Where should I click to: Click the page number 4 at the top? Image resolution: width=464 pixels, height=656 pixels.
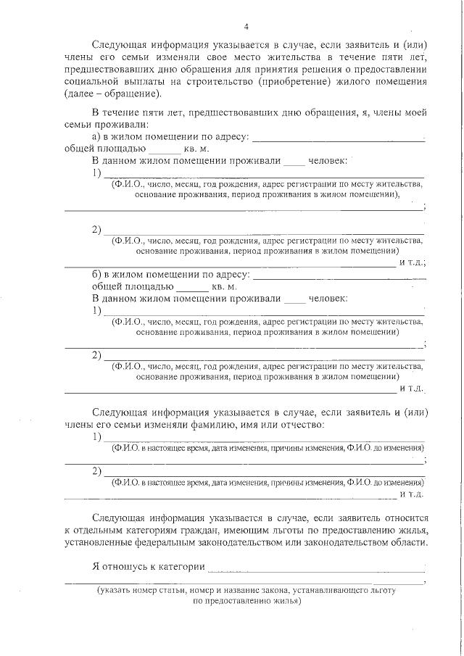click(x=246, y=28)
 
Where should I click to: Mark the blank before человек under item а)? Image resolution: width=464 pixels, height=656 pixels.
click(x=294, y=162)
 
